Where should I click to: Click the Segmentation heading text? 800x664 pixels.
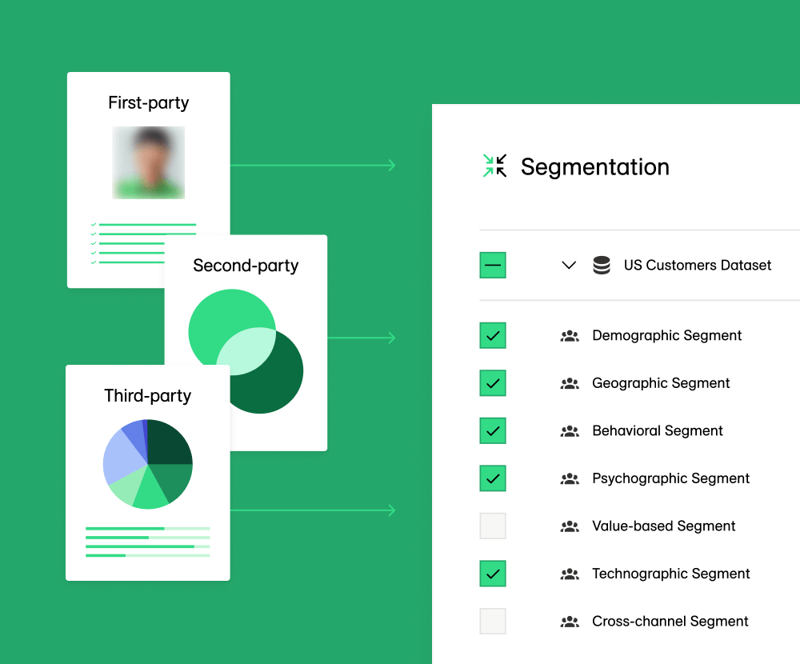coord(594,167)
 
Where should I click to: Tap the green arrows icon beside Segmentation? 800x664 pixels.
coord(495,166)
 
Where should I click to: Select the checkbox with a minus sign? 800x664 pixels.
coord(493,265)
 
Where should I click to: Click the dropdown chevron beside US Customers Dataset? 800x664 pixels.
coord(569,265)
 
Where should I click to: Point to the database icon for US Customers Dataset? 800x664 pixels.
coord(602,265)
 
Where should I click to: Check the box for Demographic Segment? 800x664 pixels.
coord(493,335)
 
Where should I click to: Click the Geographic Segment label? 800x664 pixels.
coord(661,383)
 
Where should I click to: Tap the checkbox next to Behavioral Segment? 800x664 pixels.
coord(493,430)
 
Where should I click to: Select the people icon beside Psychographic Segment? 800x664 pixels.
coord(570,478)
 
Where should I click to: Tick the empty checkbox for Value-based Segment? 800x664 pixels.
coord(493,526)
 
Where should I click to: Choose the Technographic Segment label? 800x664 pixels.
coord(670,574)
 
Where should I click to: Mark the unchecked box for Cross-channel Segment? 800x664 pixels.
coord(493,621)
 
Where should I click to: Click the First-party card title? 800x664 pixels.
coord(148,102)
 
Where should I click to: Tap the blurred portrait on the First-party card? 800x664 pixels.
coord(148,162)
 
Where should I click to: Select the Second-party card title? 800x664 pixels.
coord(246,266)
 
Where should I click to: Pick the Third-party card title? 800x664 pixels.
coord(148,395)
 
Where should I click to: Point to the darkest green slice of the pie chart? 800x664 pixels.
coord(169,443)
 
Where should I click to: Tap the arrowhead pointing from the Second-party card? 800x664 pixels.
coord(391,338)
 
